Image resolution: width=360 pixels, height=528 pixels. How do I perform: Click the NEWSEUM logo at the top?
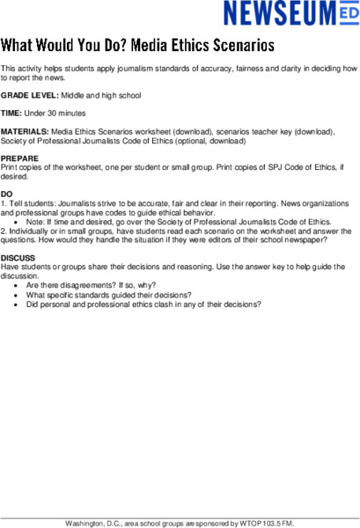coord(290,14)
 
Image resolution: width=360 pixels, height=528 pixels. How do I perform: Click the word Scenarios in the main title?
coord(238,44)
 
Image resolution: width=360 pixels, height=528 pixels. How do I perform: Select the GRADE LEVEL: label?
coord(31,95)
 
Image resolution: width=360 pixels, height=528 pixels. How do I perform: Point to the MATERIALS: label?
coord(25,131)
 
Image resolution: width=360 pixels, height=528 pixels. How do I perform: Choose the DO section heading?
coord(7,193)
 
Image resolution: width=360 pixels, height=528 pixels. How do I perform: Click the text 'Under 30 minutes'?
coord(56,114)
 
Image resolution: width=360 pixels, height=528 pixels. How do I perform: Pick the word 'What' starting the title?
coord(18,44)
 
